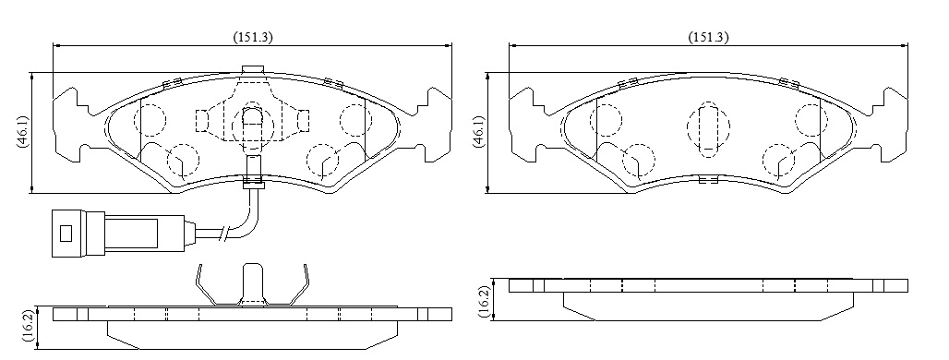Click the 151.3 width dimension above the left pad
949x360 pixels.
pos(253,37)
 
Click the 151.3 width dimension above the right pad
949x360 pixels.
pos(709,37)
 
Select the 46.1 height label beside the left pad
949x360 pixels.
pos(22,133)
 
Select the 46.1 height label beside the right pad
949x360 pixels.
pos(477,133)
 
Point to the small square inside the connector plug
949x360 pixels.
pos(66,233)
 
